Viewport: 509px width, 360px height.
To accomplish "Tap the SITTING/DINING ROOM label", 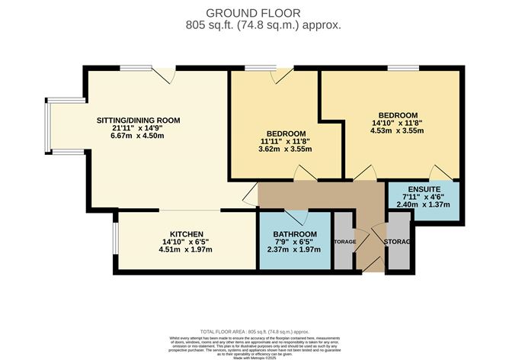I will [x=138, y=120].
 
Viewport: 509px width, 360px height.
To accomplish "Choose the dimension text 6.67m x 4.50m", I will [x=138, y=136].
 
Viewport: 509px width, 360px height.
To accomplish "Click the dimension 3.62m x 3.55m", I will [x=285, y=149].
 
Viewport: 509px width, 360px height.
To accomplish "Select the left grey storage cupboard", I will [x=343, y=242].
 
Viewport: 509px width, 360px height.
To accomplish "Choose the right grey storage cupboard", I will [x=399, y=242].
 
